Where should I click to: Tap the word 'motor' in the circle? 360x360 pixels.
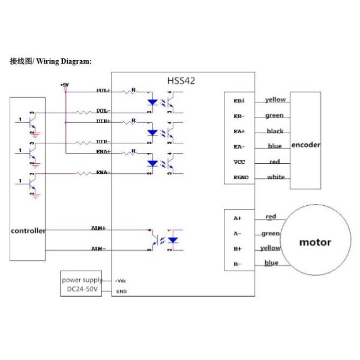[315, 242]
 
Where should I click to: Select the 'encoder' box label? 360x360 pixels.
[305, 145]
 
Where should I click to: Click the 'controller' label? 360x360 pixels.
[28, 231]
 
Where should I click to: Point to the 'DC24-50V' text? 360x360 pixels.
[82, 291]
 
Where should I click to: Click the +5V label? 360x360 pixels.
[65, 85]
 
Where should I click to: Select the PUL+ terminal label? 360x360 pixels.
[103, 91]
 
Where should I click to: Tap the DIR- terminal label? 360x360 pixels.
[103, 142]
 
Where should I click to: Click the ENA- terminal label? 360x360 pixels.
[103, 173]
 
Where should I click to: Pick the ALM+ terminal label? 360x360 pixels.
[98, 229]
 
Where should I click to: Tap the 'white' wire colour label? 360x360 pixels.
[276, 177]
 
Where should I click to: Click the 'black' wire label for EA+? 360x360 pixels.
[275, 131]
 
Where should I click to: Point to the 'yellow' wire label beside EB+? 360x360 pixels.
[275, 100]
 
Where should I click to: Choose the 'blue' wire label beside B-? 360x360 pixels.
[271, 263]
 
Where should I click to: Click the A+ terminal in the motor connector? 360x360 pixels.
[238, 219]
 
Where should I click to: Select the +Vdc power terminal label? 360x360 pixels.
[121, 281]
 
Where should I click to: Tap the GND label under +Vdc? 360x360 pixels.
[121, 292]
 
